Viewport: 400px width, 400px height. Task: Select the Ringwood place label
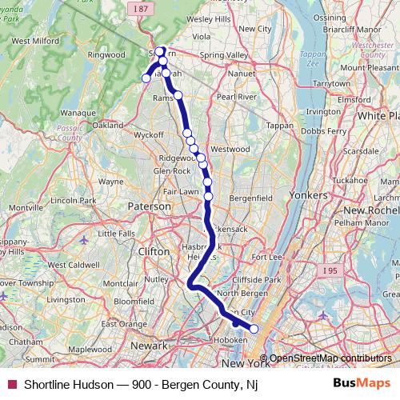click(106, 55)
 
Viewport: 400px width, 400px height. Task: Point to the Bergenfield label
click(250, 197)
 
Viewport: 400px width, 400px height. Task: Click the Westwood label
click(230, 149)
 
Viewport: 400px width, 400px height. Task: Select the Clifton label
click(154, 251)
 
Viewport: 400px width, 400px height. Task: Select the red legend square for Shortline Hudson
click(11, 384)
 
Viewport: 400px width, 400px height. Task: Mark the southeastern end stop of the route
click(254, 329)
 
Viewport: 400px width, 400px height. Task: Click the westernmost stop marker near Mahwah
click(146, 78)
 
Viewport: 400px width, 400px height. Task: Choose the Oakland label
click(108, 126)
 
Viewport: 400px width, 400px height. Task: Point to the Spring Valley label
click(224, 55)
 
